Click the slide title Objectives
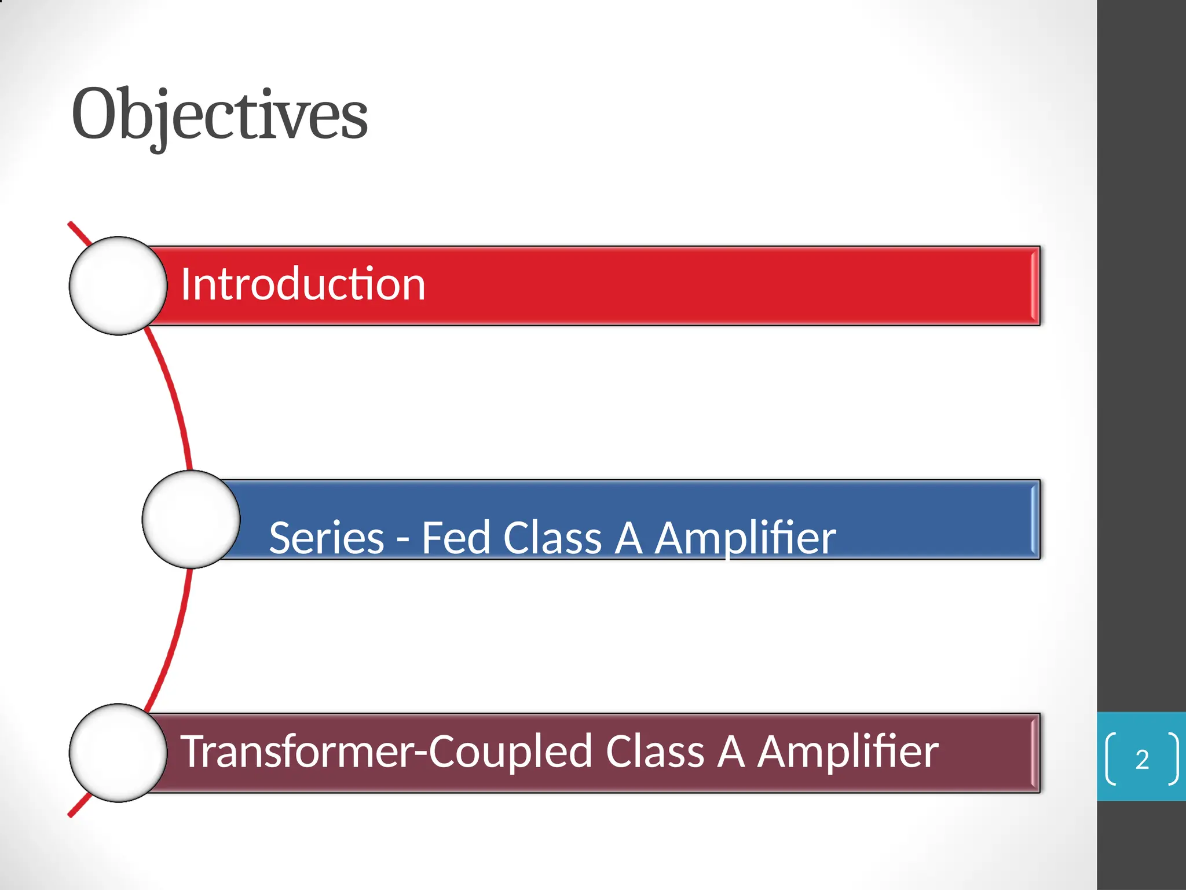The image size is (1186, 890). pyautogui.click(x=219, y=114)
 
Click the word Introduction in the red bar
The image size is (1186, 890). pyautogui.click(x=303, y=284)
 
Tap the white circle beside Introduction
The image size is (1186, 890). pyautogui.click(x=118, y=286)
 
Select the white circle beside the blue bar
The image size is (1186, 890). pyautogui.click(x=191, y=519)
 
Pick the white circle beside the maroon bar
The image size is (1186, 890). pyautogui.click(x=118, y=753)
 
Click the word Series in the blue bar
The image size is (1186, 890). pyautogui.click(x=327, y=538)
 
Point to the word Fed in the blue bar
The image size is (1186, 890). pyautogui.click(x=456, y=538)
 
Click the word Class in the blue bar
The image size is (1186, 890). pyautogui.click(x=552, y=538)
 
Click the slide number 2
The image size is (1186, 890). pyautogui.click(x=1142, y=760)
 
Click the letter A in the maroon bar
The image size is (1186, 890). pyautogui.click(x=731, y=752)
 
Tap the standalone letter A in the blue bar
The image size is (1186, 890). pyautogui.click(x=629, y=538)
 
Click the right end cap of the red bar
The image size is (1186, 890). pyautogui.click(x=1035, y=286)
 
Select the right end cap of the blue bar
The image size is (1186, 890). pyautogui.click(x=1035, y=519)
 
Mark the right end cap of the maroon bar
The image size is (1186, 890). pyautogui.click(x=1035, y=753)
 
